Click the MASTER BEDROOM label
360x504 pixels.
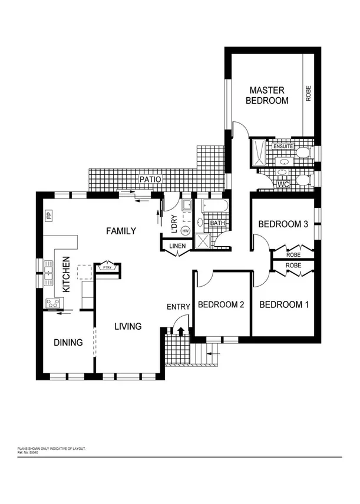267,95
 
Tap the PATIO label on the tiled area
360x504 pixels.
150,179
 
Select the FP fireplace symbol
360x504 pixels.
49,215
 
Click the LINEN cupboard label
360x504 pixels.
177,246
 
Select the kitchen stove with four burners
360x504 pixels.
52,303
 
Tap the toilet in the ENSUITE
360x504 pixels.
302,153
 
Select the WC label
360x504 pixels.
283,184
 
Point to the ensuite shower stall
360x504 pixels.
258,155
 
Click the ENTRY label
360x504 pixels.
179,307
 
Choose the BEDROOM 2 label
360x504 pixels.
221,304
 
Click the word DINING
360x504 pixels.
68,342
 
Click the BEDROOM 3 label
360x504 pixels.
283,224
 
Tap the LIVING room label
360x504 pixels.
128,326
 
